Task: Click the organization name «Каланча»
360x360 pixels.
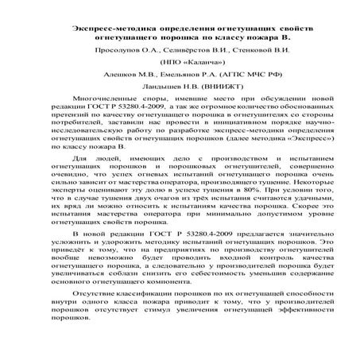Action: click(185, 61)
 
